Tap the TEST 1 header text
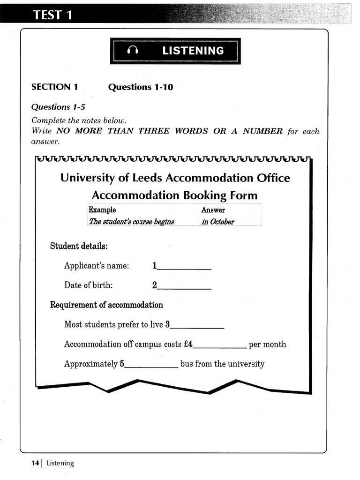[x=52, y=15]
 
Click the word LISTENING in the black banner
[x=193, y=51]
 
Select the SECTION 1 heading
[x=54, y=87]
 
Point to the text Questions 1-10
[x=140, y=87]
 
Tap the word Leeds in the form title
[x=147, y=178]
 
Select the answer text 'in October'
[x=218, y=222]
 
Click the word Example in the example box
[x=102, y=210]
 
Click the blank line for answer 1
[x=184, y=267]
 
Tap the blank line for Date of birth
[x=184, y=286]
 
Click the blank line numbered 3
[x=197, y=325]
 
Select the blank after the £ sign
[x=220, y=345]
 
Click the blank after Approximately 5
[x=151, y=364]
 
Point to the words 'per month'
[x=267, y=345]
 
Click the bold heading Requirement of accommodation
[x=106, y=305]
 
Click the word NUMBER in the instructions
[x=262, y=131]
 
